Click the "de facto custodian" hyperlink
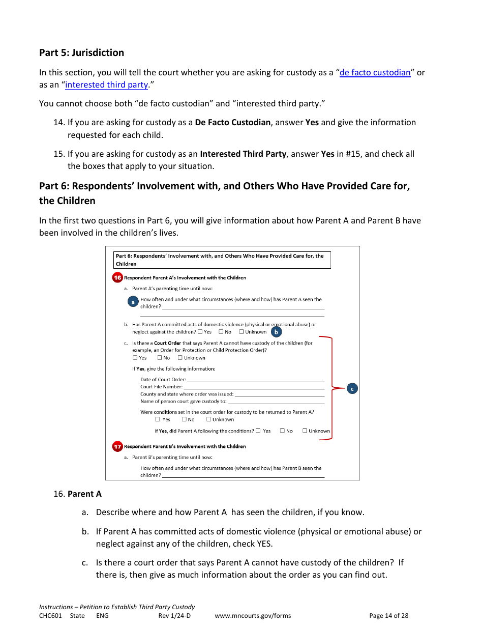point(375,72)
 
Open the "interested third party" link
point(106,84)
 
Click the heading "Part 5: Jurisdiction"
point(81,52)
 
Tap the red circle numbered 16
point(117,277)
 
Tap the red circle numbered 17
point(117,446)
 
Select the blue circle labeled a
point(133,302)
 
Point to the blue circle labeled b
point(276,332)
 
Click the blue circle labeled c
point(352,388)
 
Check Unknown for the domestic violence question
point(242,332)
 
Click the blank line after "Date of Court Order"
point(255,380)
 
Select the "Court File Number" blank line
point(254,387)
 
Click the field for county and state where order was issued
point(279,394)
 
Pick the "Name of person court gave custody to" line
point(276,401)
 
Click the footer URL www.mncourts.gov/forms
point(253,615)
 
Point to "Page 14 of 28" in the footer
point(388,615)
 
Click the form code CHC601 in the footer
point(50,615)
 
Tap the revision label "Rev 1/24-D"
point(174,615)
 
